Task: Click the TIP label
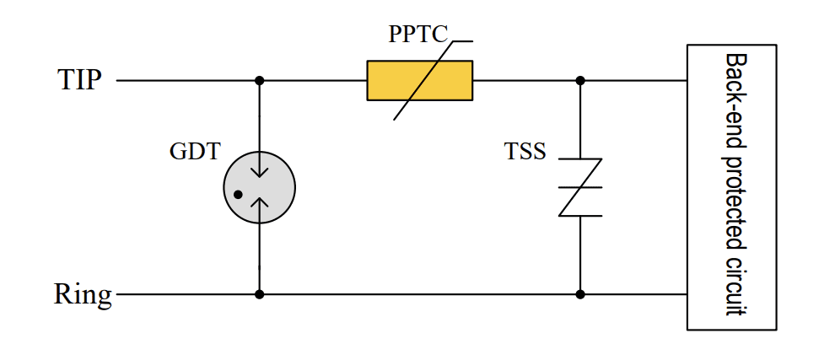click(79, 80)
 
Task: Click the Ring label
click(83, 295)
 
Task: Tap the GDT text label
click(195, 152)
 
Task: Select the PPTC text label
click(418, 35)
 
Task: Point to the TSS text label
click(525, 153)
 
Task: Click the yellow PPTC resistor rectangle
click(419, 80)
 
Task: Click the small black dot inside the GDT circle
click(238, 195)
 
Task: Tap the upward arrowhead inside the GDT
click(260, 203)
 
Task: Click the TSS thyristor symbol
click(580, 187)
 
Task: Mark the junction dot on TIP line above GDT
click(260, 80)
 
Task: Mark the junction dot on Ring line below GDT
click(260, 294)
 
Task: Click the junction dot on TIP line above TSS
click(580, 80)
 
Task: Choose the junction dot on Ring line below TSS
click(580, 294)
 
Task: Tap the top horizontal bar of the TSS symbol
click(580, 159)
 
